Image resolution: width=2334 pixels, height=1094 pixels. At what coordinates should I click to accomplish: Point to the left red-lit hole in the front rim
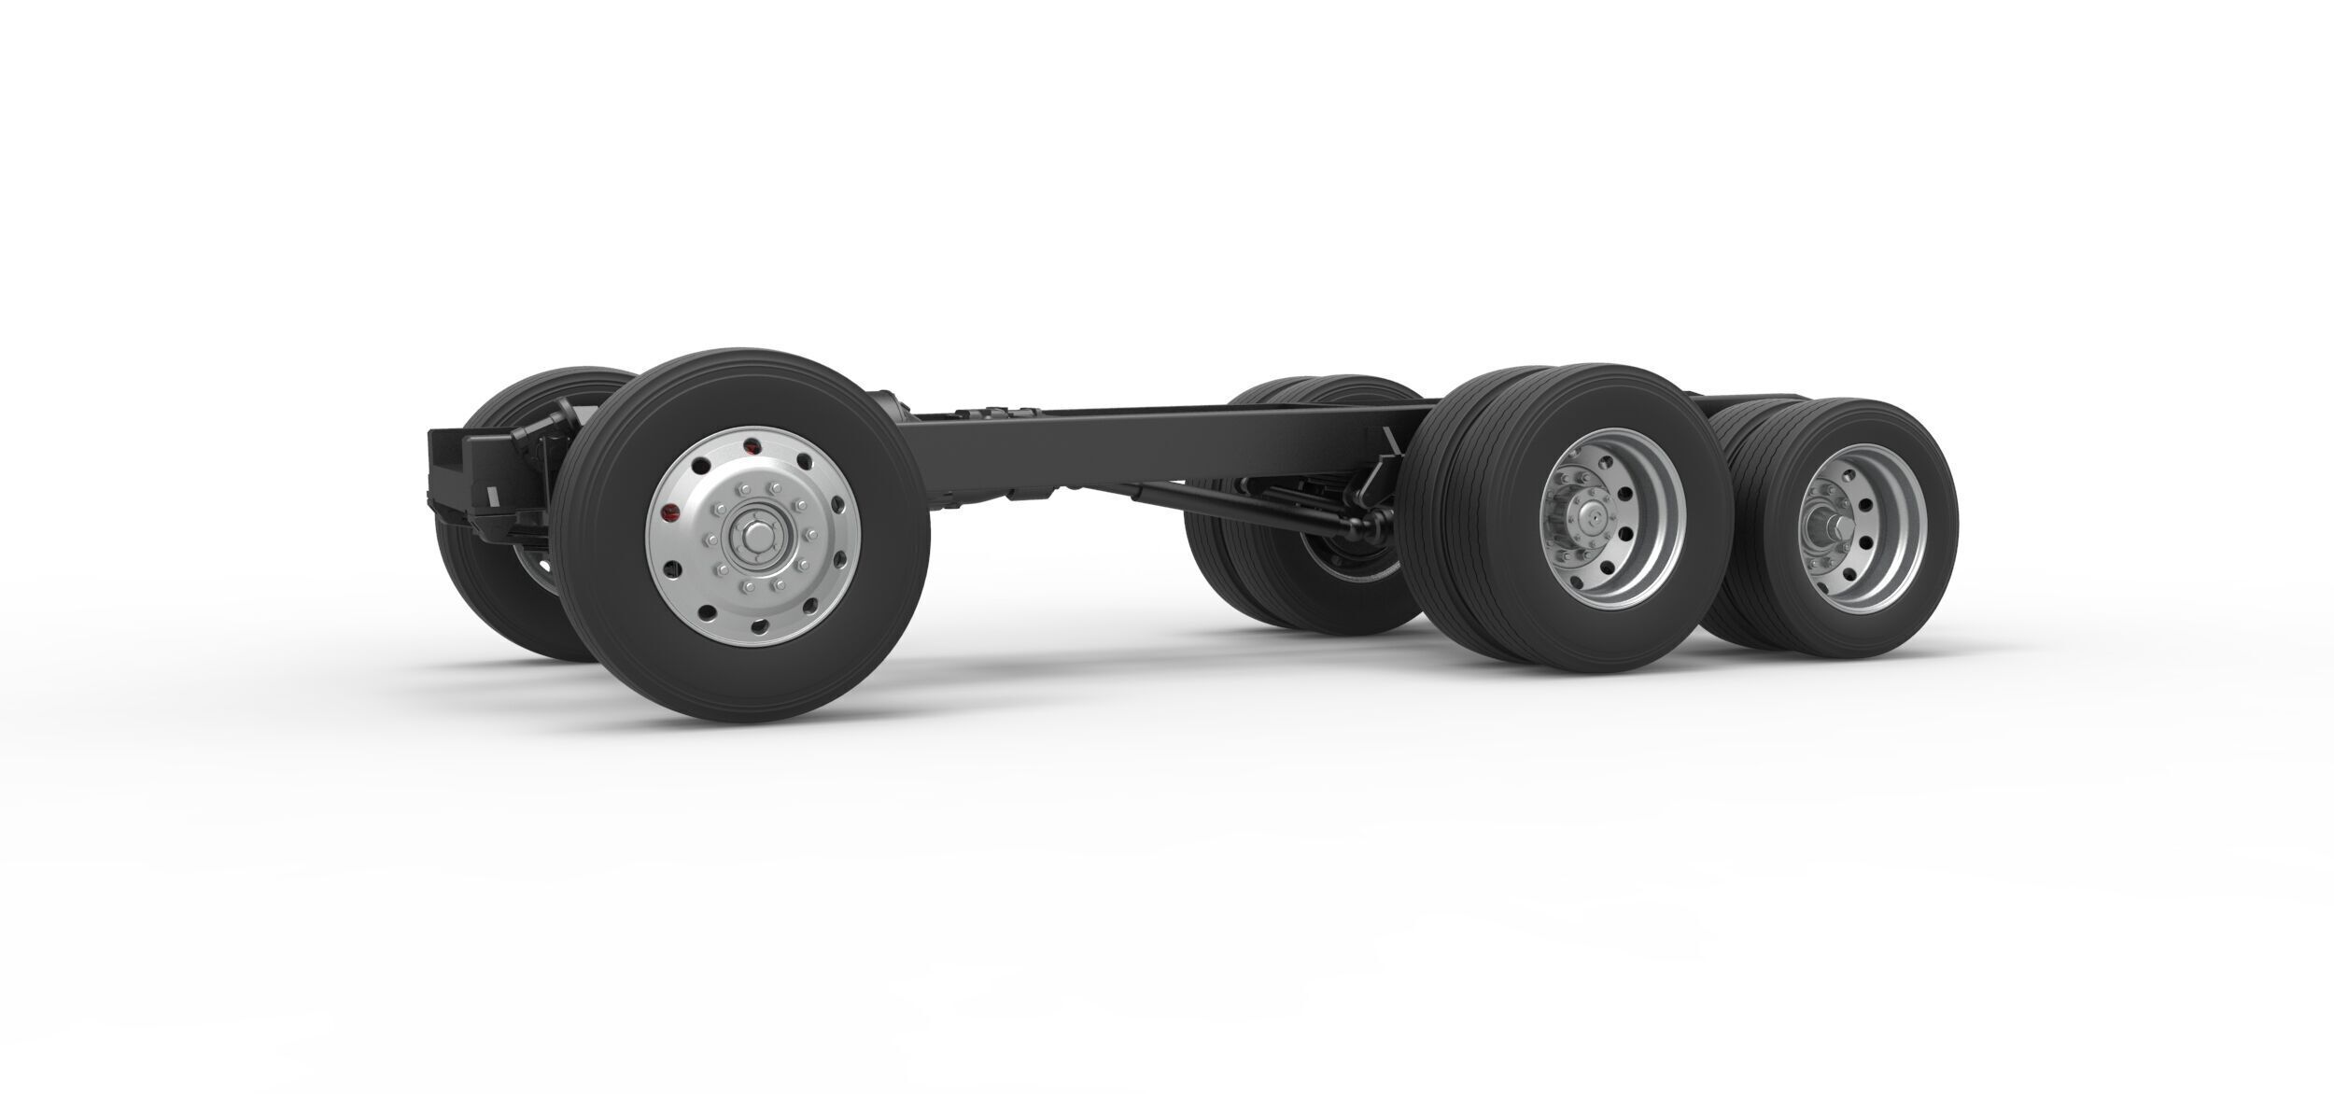(668, 512)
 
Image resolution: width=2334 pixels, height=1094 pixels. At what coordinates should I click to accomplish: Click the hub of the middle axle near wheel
(1592, 518)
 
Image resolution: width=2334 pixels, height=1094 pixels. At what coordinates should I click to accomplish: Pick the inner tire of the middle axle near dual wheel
(1456, 560)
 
